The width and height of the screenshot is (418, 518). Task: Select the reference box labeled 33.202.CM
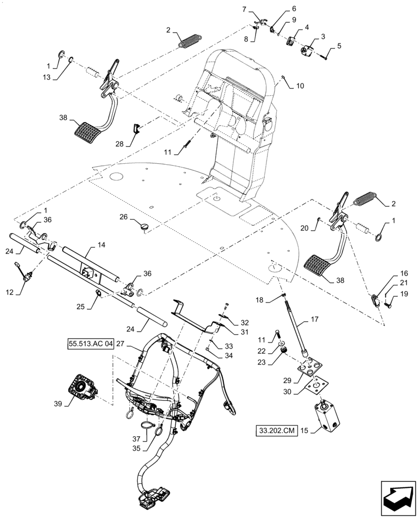point(276,430)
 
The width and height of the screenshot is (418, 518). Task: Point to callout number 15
point(305,430)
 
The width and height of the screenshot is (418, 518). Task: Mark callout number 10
point(300,85)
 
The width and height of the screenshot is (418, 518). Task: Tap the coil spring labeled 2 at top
point(190,40)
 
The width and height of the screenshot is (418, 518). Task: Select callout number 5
point(339,46)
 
